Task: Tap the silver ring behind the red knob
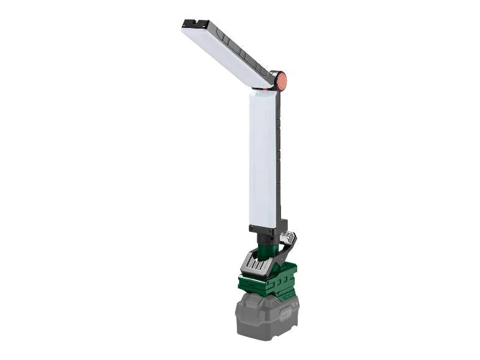pos(274,79)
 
